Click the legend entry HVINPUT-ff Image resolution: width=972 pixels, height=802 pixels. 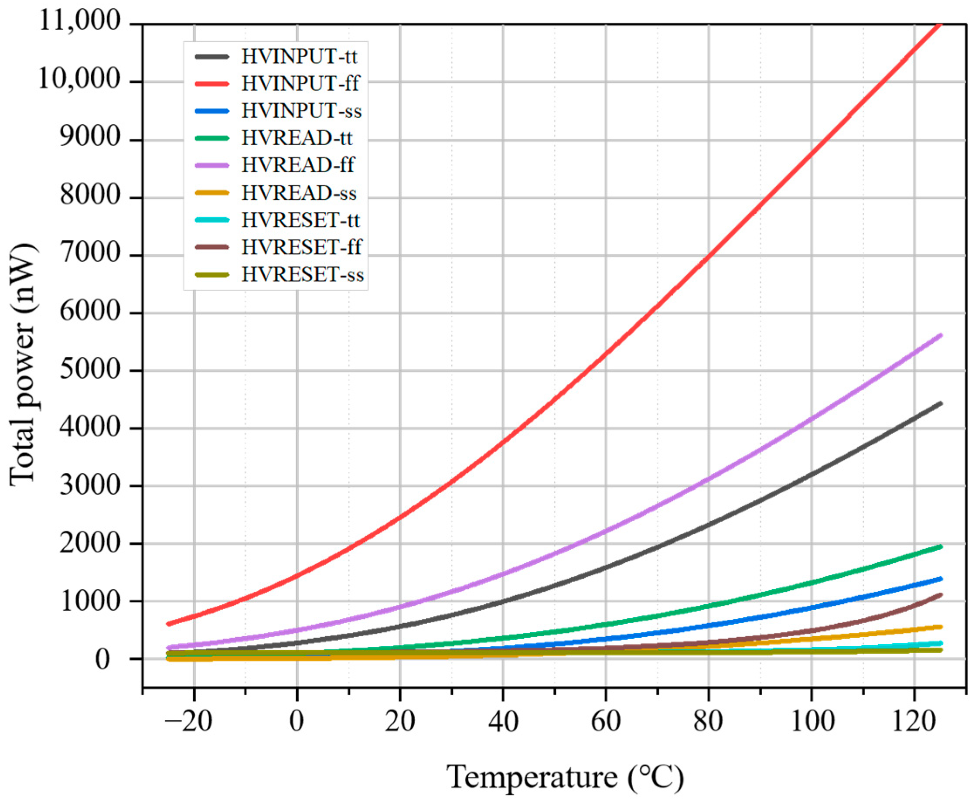pos(300,84)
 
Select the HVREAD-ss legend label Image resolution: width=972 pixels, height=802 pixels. pos(299,193)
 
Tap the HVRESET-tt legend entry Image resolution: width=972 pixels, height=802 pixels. pos(301,220)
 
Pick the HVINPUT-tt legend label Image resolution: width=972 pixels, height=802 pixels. pos(299,56)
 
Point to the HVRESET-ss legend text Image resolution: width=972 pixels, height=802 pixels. pos(303,275)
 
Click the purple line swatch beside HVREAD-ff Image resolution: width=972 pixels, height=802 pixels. pos(211,165)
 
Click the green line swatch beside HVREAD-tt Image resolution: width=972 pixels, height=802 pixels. pos(211,138)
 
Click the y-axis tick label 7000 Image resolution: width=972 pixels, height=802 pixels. pos(90,255)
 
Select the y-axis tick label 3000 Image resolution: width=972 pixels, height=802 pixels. pos(90,485)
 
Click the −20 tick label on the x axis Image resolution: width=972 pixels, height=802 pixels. pos(189,721)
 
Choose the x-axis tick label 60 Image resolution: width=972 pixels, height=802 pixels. pos(606,721)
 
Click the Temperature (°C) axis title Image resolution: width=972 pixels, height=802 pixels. pos(565,777)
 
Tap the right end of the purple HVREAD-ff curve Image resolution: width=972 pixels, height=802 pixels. pos(941,335)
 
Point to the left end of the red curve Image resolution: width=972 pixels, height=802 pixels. pos(169,624)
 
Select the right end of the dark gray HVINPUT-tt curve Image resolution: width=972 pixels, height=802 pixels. pos(941,403)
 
